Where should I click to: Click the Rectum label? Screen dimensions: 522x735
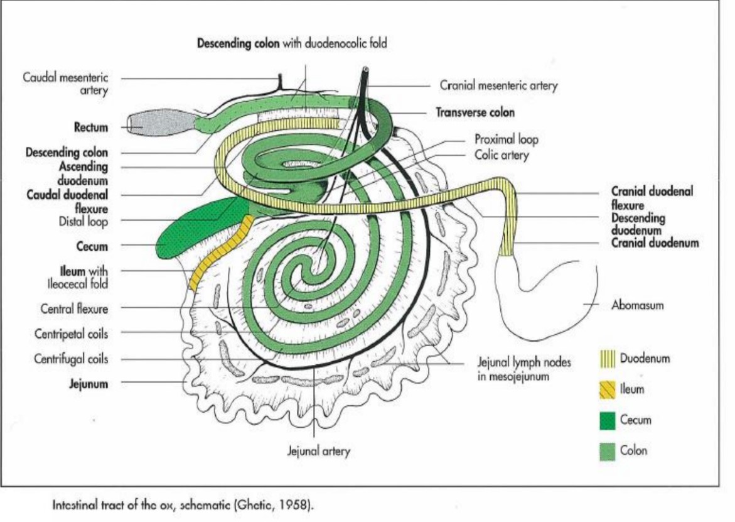pos(91,128)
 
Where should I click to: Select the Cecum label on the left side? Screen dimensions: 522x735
pos(92,246)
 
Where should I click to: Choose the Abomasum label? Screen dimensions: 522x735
pos(637,305)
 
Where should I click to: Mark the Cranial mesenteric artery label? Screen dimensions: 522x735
pos(498,85)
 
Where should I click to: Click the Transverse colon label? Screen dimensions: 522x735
pos(475,112)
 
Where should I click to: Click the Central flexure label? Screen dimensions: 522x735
pos(74,309)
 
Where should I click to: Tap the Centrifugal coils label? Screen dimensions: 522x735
pos(70,359)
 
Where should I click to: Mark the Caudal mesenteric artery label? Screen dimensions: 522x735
pos(66,84)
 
